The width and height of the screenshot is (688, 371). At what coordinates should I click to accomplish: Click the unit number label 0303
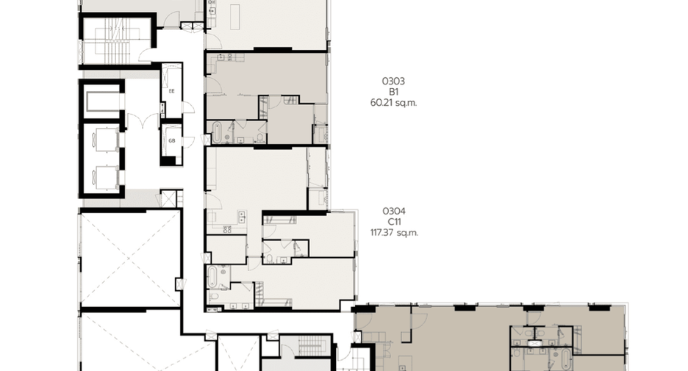[x=393, y=81]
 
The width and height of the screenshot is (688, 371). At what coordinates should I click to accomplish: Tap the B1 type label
[x=393, y=92]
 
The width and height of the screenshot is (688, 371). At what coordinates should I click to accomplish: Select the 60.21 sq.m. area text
[x=393, y=103]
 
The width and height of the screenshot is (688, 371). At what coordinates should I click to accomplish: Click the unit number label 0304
[x=393, y=212]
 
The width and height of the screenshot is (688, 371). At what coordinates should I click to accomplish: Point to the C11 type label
[x=394, y=222]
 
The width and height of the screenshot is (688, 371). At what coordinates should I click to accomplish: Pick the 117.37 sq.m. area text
[x=394, y=233]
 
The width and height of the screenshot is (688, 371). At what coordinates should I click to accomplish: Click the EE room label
[x=171, y=91]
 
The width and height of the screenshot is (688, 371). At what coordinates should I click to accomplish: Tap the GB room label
[x=171, y=141]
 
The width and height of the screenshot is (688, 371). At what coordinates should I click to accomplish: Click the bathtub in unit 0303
[x=217, y=132]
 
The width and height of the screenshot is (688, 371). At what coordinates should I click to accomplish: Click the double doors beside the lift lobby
[x=143, y=121]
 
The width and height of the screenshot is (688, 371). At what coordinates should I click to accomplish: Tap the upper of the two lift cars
[x=105, y=140]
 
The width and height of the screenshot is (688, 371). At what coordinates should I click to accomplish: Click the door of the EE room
[x=188, y=108]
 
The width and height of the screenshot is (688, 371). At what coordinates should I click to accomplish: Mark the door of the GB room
[x=188, y=142]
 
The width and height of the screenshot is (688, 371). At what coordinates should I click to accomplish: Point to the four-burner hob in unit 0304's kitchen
[x=227, y=229]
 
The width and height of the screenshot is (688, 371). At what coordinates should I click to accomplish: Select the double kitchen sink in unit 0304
[x=241, y=216]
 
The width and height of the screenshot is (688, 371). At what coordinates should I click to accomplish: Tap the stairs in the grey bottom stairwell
[x=311, y=347]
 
